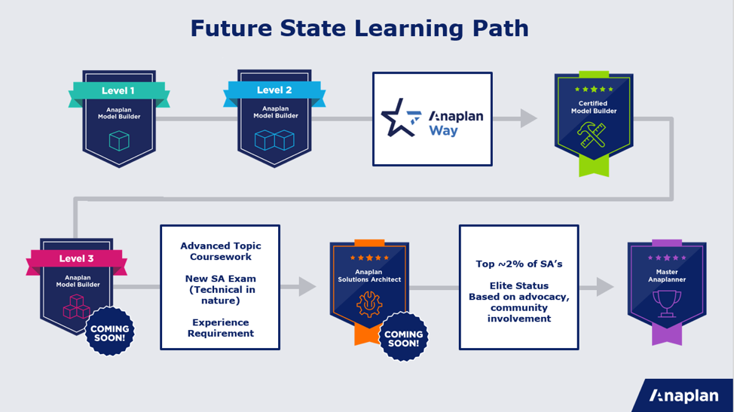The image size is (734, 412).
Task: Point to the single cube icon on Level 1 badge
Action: click(x=119, y=141)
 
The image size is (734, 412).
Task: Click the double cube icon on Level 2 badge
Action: click(x=274, y=140)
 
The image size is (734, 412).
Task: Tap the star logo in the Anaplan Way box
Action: click(x=401, y=117)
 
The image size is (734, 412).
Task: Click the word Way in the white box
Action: click(x=443, y=130)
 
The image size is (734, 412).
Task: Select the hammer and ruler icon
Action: click(x=592, y=135)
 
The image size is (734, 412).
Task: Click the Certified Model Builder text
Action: click(x=594, y=107)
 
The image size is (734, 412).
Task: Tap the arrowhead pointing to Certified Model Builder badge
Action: click(x=528, y=118)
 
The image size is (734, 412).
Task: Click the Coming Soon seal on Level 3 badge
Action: click(x=109, y=331)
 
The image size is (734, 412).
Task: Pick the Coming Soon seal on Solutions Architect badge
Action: click(x=403, y=337)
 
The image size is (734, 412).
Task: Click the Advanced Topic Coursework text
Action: click(x=221, y=251)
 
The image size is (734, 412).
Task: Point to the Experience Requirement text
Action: click(x=221, y=328)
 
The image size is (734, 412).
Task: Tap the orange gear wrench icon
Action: click(x=369, y=304)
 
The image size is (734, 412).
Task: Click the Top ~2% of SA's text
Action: click(x=518, y=264)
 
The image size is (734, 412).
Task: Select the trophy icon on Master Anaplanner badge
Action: click(x=667, y=304)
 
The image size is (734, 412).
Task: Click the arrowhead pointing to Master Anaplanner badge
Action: click(x=605, y=287)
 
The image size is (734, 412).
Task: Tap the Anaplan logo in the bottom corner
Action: click(x=684, y=395)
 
